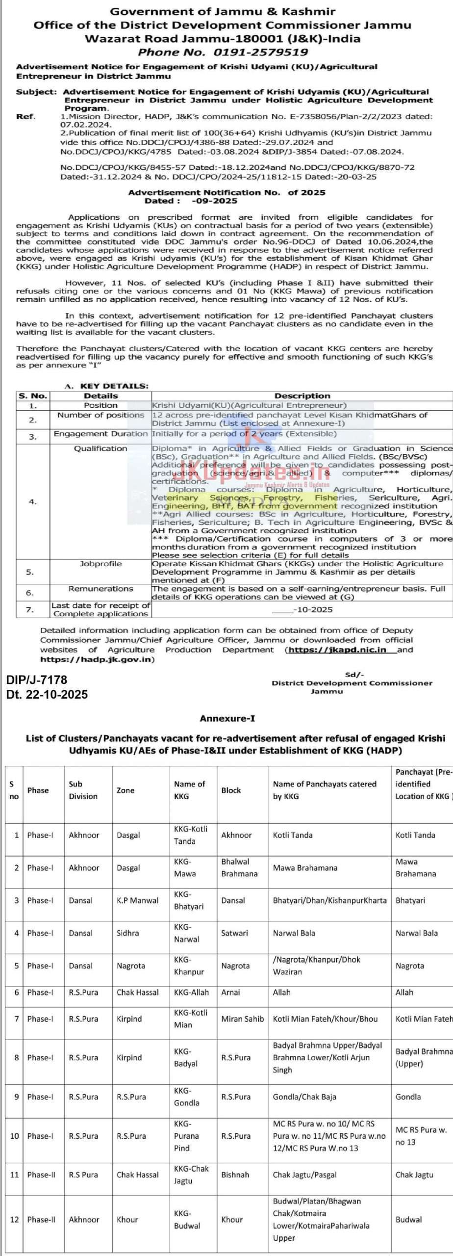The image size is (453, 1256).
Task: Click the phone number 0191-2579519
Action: pos(260,52)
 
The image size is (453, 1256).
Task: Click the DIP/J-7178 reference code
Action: pos(37,680)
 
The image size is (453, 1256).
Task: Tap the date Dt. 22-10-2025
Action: pos(47,694)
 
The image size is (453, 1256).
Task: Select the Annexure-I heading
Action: pos(227,718)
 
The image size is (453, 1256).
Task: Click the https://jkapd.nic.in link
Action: pos(337,650)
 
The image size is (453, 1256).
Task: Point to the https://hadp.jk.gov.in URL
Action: pos(97,659)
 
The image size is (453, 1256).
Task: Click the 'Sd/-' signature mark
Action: pos(351,675)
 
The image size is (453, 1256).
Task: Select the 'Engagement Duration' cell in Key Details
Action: pos(101,434)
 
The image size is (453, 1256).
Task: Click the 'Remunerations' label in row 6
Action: pos(101,588)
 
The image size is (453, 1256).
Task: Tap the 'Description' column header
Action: pos(302,395)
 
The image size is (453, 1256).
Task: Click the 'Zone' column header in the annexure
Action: pos(126,790)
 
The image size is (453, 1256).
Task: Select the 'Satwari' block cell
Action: pos(234,933)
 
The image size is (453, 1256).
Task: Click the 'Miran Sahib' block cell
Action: pos(242,1019)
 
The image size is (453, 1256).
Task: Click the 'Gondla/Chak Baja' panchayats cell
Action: pos(304,1097)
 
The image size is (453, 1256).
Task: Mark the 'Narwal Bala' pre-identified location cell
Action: pos(416,933)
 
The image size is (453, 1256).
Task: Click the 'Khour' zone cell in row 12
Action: pos(127,1219)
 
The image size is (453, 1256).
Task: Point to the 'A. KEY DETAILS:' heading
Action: pos(106,386)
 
